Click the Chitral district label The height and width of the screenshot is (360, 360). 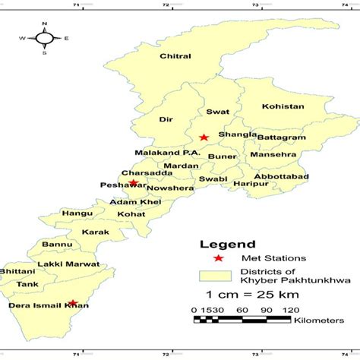tap(174, 55)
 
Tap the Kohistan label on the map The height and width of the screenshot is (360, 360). tap(282, 106)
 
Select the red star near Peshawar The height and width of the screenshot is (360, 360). tap(134, 182)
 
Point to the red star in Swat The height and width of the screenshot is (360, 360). tap(204, 137)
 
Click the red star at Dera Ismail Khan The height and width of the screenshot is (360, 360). tap(73, 302)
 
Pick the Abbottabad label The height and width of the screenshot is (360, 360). tap(285, 176)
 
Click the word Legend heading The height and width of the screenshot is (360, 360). tap(221, 245)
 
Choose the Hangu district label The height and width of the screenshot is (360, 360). tap(73, 214)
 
